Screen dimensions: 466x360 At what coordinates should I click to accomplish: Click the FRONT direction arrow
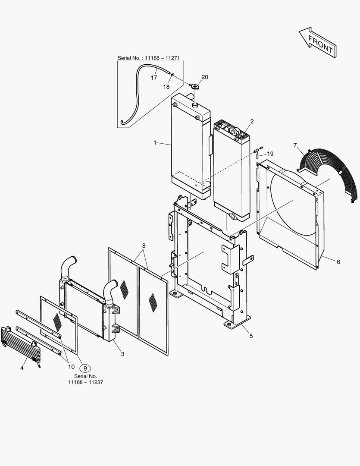pyautogui.click(x=318, y=43)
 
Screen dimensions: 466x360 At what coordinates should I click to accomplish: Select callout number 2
pyautogui.click(x=252, y=121)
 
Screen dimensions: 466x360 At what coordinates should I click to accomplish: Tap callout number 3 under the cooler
pyautogui.click(x=122, y=354)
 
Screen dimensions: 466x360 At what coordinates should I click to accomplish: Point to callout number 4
pyautogui.click(x=22, y=368)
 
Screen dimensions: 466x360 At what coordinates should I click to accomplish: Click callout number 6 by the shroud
pyautogui.click(x=338, y=261)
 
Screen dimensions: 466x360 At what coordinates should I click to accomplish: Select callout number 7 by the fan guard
pyautogui.click(x=295, y=145)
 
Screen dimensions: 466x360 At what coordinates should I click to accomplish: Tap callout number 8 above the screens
pyautogui.click(x=144, y=246)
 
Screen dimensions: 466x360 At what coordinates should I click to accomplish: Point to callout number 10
pyautogui.click(x=71, y=367)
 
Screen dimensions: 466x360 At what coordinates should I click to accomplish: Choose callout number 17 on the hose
pyautogui.click(x=153, y=78)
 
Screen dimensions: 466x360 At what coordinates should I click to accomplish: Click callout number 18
pyautogui.click(x=166, y=87)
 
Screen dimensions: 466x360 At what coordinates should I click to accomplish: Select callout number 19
pyautogui.click(x=270, y=154)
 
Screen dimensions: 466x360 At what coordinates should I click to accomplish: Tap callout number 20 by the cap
pyautogui.click(x=204, y=77)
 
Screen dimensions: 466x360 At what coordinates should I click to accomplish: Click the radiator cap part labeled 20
pyautogui.click(x=195, y=86)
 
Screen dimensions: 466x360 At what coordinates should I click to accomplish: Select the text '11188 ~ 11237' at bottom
pyautogui.click(x=85, y=382)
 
